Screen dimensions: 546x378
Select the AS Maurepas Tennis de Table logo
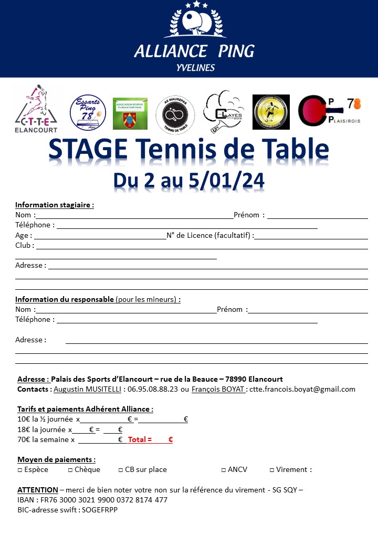coord(175,114)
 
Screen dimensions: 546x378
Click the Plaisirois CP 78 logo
coord(329,112)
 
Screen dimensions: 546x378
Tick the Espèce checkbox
coord(20,470)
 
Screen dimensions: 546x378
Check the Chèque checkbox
coord(70,470)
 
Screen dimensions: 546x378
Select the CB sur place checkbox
coord(120,470)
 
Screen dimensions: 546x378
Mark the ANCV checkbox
coord(223,470)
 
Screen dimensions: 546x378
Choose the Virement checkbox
coord(271,470)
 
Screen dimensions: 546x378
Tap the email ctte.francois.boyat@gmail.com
coord(302,389)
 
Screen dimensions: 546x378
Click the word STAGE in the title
coord(87,150)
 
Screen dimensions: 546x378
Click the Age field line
coord(100,238)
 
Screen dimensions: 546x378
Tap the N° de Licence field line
coord(311,238)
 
